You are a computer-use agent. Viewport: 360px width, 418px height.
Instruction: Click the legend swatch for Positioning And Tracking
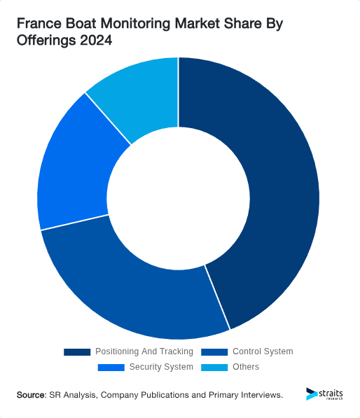click(77, 351)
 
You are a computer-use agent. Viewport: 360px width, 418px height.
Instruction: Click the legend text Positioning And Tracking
click(144, 351)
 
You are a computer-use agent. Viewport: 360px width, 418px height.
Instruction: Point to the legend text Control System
click(263, 351)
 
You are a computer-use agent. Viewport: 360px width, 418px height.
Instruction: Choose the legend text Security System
click(161, 367)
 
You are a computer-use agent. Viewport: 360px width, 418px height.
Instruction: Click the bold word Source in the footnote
click(31, 396)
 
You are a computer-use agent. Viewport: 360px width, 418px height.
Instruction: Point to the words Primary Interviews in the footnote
click(247, 396)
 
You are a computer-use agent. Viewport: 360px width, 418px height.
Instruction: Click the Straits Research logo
click(325, 394)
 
